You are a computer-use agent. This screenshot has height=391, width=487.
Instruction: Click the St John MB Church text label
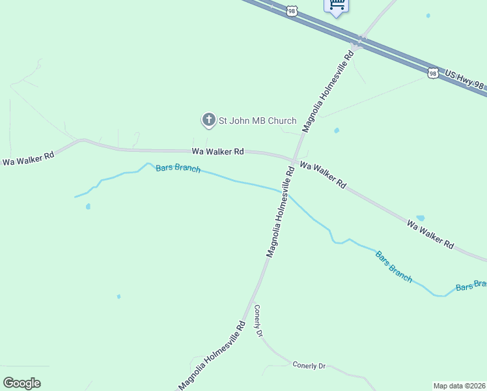tap(257, 121)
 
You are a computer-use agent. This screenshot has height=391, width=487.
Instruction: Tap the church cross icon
tap(208, 120)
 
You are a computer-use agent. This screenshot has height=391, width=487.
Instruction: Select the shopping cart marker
tap(336, 5)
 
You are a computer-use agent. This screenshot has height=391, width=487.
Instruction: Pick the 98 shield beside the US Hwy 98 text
tap(433, 74)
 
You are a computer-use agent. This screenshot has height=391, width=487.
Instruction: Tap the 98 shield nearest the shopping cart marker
tap(293, 10)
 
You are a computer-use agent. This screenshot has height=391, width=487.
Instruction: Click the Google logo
tap(22, 383)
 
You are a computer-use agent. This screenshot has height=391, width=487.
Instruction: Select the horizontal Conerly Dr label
tap(309, 366)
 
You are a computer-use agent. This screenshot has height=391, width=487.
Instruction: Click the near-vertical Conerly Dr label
tap(258, 321)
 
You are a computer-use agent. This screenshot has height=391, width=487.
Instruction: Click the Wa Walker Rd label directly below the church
tap(217, 151)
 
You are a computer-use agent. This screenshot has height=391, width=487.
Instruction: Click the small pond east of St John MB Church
tap(337, 130)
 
